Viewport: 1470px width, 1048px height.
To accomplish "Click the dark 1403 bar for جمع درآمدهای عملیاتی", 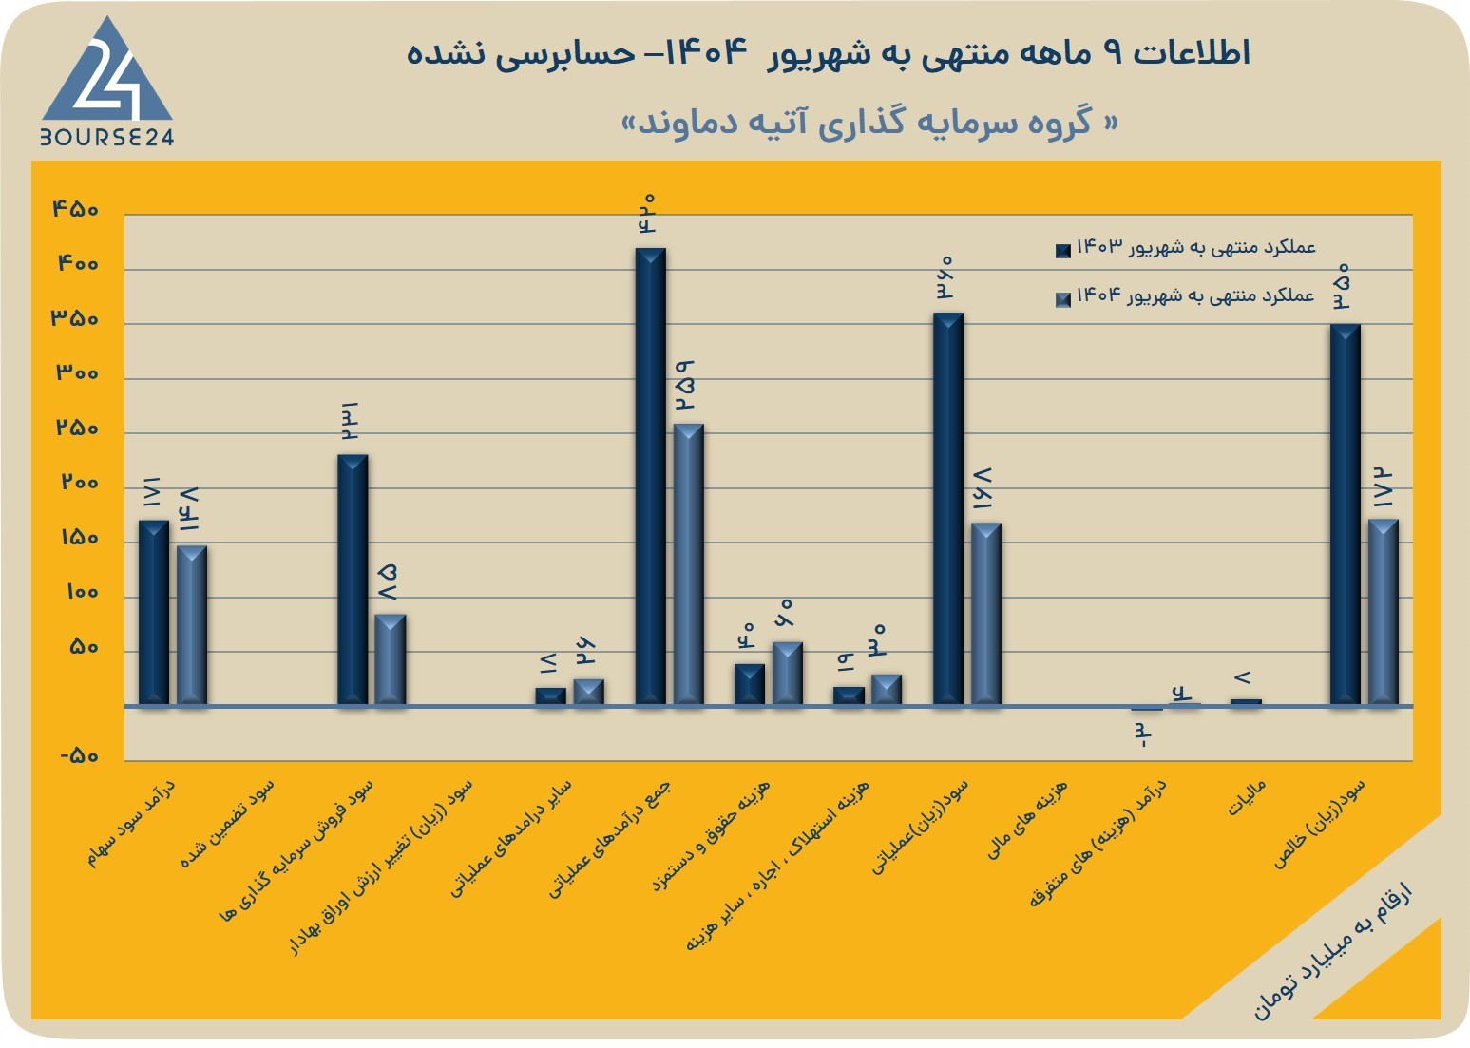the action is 650,476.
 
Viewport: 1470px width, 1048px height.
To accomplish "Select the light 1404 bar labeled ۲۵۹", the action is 688,564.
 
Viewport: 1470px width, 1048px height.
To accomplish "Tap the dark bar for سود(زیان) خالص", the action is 1345,514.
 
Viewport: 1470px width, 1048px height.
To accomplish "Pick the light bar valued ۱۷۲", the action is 1383,612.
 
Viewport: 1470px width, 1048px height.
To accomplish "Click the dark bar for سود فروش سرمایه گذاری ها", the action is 353,581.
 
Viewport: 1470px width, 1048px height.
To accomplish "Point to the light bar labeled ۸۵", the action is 390,659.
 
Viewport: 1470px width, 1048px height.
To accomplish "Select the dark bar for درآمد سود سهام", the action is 154,613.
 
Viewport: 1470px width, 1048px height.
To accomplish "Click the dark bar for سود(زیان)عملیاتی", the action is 948,509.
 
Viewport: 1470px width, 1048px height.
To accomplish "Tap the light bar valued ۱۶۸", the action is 986,614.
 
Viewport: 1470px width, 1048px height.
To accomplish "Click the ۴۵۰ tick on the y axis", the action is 75,209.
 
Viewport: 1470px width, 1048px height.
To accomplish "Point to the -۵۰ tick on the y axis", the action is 79,756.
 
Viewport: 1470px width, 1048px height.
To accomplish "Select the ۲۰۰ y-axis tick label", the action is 80,483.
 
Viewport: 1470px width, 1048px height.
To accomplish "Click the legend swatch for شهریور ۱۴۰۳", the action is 1062,250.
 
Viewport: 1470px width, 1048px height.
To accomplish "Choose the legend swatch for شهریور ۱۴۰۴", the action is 1062,299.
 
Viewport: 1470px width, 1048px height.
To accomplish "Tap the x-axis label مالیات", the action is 1246,798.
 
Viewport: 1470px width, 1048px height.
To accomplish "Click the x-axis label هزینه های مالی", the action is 1027,820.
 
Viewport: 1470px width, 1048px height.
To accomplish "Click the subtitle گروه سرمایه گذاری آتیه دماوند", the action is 869,123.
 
